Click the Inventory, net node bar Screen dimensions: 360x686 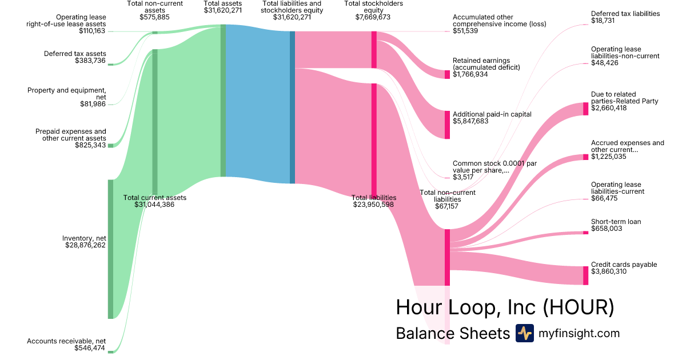coord(110,249)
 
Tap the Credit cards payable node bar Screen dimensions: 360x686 coord(585,275)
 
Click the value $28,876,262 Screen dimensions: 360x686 coord(86,245)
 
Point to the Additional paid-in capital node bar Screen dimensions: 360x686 coord(447,125)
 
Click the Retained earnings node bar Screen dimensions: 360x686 coord(447,74)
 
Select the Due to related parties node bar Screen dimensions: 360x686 coord(585,109)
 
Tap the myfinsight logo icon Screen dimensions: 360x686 coord(524,333)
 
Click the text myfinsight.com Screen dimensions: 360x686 coord(579,333)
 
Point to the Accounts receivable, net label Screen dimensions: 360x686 coord(66,341)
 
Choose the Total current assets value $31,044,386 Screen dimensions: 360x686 coord(154,205)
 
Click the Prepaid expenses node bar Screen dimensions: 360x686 coord(110,146)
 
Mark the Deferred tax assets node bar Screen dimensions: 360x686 coord(110,64)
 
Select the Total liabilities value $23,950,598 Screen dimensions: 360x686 coord(373,205)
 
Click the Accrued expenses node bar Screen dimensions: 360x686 coord(585,157)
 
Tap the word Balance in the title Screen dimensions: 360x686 coord(424,333)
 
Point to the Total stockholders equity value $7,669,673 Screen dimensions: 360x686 coord(373,17)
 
